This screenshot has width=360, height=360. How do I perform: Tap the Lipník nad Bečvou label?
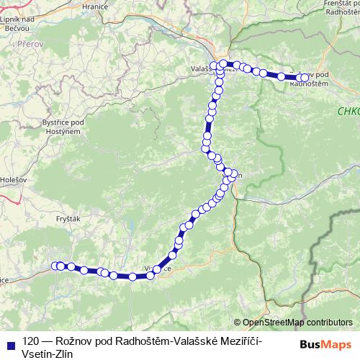point(20,22)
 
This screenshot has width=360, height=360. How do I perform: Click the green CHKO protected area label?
point(348,111)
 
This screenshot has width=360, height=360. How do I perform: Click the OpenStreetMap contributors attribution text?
point(297,323)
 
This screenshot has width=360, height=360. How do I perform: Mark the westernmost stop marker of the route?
point(56,266)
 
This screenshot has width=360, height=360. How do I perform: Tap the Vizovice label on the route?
point(158,269)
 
